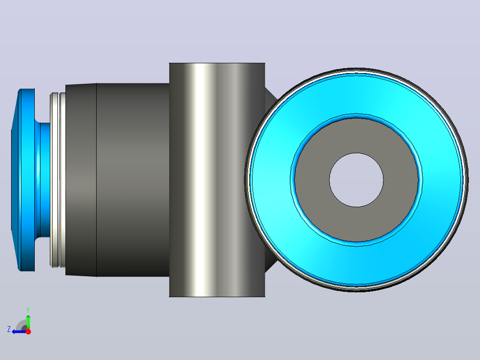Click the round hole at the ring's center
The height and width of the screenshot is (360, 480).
click(356, 180)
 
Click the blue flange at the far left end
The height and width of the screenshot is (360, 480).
click(26, 180)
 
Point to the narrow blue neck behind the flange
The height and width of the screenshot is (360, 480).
click(45, 180)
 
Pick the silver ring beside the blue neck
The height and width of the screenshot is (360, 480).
click(57, 180)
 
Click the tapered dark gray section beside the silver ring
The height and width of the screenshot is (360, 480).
click(81, 180)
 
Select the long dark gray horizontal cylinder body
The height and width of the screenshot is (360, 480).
click(133, 180)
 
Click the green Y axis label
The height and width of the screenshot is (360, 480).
click(28, 310)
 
